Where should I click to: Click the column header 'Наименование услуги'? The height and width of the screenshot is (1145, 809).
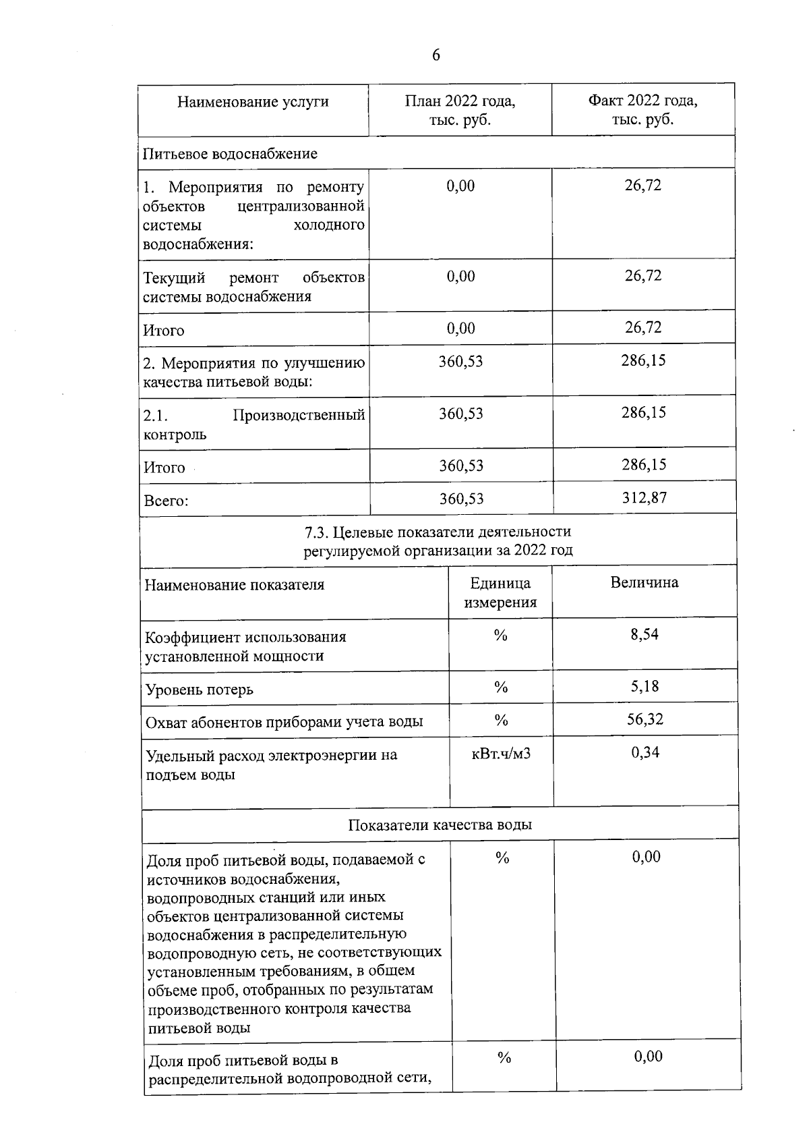(x=253, y=102)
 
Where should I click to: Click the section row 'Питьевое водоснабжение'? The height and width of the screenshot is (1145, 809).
(x=230, y=154)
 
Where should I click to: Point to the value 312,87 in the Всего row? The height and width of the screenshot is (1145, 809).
(x=644, y=498)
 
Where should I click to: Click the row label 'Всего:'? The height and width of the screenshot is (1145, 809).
(x=166, y=501)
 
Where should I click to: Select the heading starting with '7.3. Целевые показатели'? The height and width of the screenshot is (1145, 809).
(x=438, y=541)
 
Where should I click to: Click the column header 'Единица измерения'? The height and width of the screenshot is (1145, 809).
(x=500, y=592)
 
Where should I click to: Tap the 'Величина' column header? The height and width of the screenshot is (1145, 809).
(x=645, y=583)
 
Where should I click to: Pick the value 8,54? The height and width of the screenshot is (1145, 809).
(x=645, y=634)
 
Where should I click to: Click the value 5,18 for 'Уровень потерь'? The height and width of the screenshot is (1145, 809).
(x=645, y=686)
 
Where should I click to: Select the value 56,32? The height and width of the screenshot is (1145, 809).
(x=645, y=719)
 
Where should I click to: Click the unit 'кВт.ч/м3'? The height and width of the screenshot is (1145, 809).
(x=501, y=753)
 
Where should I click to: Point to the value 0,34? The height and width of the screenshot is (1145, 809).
(x=645, y=752)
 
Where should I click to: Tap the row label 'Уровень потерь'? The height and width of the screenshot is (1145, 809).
(x=200, y=690)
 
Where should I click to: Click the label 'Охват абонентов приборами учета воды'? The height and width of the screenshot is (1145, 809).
(x=284, y=723)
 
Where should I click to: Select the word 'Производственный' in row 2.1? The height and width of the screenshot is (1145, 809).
(x=299, y=415)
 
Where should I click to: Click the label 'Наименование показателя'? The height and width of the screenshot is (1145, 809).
(x=234, y=585)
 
